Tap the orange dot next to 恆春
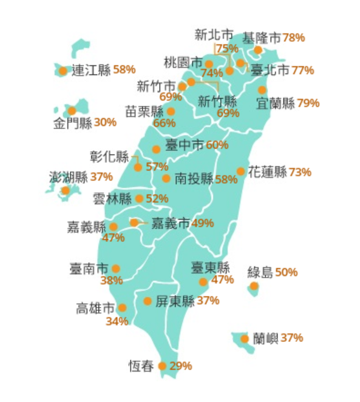coord(162,366)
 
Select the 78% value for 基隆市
coord(293,38)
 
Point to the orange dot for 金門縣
coord(72,111)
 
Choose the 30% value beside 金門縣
coord(105,122)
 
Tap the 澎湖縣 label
coord(68,177)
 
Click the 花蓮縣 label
coord(267,172)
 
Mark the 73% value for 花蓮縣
coord(300,172)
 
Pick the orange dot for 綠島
coord(254,286)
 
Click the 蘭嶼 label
coord(266,338)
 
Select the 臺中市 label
coord(185,145)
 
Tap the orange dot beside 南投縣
coord(166,178)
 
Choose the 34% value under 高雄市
coord(117,321)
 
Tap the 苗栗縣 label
coord(144,112)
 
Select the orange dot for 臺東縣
coord(203,281)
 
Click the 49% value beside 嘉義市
coord(203,224)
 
